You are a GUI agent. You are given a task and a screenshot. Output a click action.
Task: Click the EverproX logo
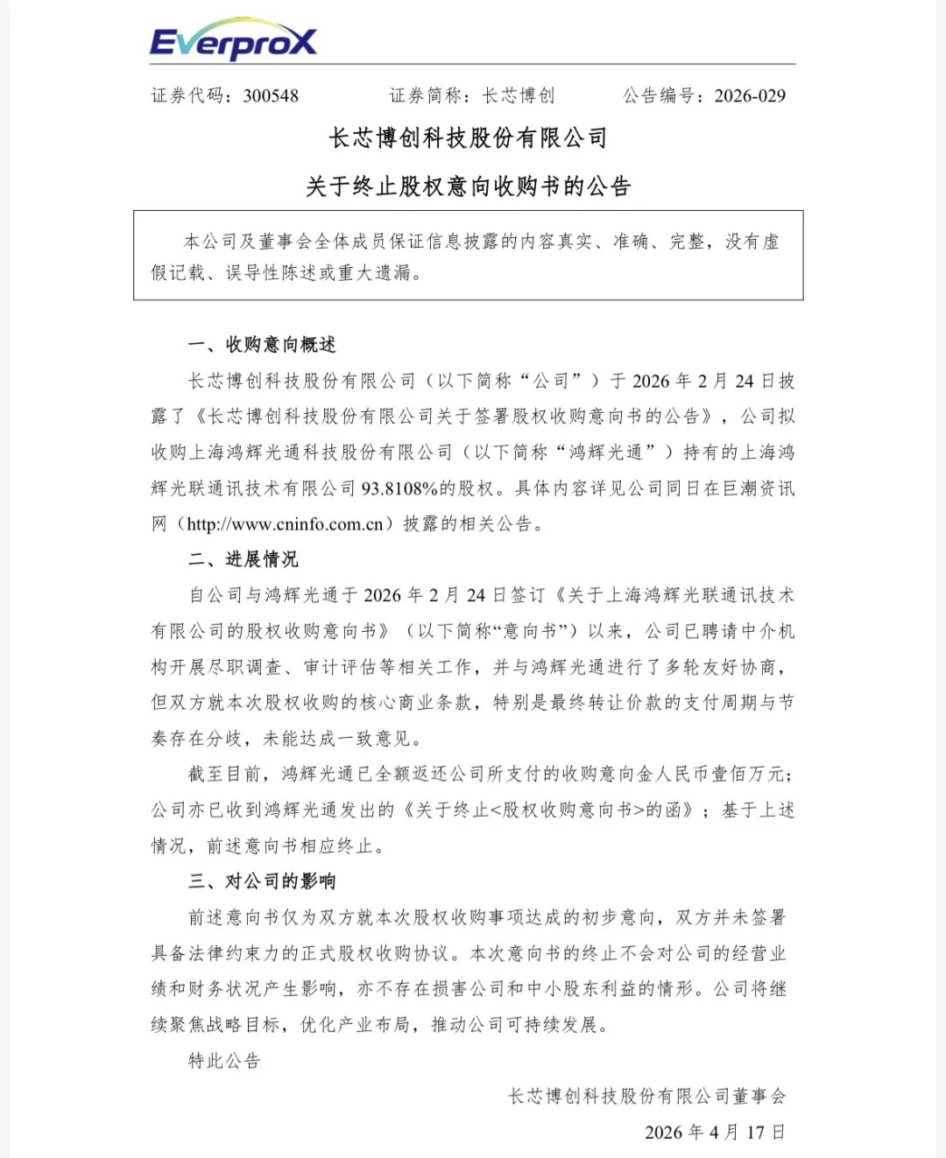point(233,39)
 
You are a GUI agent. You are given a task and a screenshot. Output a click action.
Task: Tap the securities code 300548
point(271,95)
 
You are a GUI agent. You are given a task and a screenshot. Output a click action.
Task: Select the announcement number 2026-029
point(750,95)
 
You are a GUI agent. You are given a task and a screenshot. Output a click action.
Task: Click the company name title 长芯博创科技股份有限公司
point(468,138)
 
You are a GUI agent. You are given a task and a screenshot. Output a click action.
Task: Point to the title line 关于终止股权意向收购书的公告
point(468,186)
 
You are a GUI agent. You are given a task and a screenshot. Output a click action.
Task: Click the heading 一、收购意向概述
point(262,345)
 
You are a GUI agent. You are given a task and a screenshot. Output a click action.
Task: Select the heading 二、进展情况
point(244,559)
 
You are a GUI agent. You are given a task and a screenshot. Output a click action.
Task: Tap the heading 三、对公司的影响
point(262,881)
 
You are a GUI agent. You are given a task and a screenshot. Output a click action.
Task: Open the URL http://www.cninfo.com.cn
point(285,524)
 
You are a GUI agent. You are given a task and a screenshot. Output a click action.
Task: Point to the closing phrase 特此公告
point(225,1061)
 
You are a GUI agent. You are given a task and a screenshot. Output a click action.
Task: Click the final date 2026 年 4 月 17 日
point(715,1133)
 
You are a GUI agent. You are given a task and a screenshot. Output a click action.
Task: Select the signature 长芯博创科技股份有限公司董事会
point(647,1096)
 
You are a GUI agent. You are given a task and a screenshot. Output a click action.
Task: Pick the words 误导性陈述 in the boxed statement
point(263,273)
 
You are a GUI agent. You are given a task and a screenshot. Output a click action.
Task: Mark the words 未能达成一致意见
point(337,739)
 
